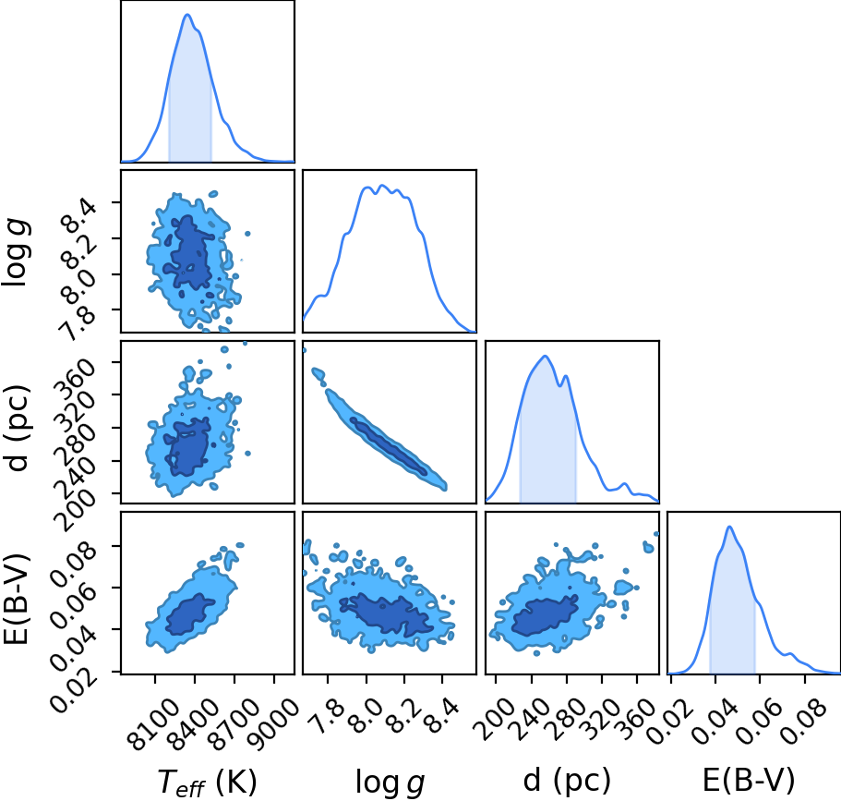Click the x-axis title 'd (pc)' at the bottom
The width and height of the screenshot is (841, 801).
[x=567, y=780]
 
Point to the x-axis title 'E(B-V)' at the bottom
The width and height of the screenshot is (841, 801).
[x=748, y=780]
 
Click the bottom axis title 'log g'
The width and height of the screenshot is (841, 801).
[x=390, y=781]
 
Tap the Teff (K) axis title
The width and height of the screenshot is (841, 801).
[x=208, y=781]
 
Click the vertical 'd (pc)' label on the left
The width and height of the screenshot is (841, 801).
[x=19, y=428]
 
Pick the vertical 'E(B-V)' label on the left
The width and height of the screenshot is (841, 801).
[x=18, y=598]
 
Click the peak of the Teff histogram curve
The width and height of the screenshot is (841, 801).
[x=187, y=15]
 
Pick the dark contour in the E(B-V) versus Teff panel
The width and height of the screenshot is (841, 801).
[x=190, y=614]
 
